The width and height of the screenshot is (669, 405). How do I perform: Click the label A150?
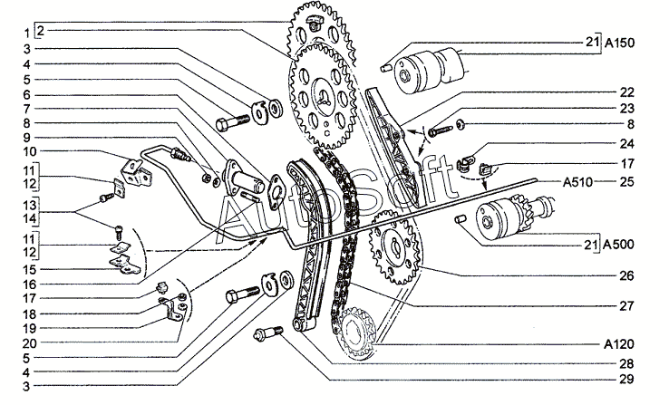[x=620, y=43]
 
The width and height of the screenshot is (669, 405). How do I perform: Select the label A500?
[x=619, y=245]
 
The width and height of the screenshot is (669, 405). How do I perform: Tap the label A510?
[x=577, y=182]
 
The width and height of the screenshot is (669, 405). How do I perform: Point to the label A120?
[x=619, y=343]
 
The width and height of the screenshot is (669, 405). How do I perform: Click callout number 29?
[x=626, y=379]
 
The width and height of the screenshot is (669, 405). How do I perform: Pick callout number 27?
[x=626, y=305]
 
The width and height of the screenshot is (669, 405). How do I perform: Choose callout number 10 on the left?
[x=29, y=151]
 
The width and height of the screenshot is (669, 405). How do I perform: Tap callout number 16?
[x=29, y=284]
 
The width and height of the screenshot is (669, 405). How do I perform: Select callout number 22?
[x=626, y=92]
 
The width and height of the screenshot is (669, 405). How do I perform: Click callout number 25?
[x=626, y=181]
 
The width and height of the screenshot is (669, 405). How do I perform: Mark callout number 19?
[x=29, y=328]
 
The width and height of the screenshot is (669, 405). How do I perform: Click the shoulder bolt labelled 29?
[x=268, y=333]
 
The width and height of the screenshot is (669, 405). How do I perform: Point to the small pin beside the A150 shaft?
[x=385, y=67]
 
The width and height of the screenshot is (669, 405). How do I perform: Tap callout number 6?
[x=27, y=94]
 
